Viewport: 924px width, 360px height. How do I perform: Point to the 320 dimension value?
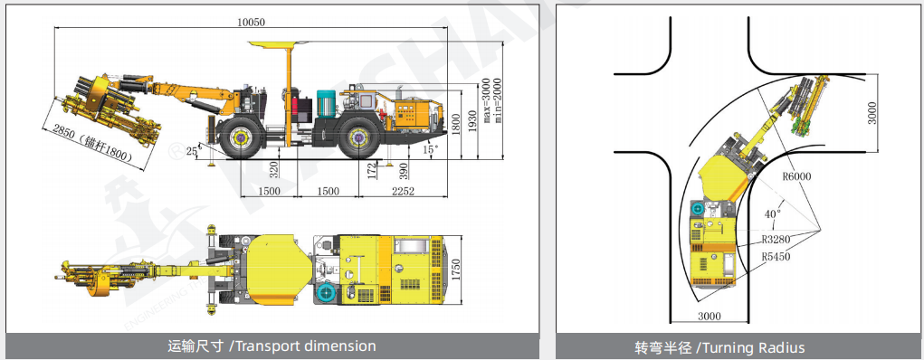click(272, 169)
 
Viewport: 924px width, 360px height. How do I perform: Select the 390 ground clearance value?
click(403, 169)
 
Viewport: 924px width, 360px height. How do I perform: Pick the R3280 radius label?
click(777, 240)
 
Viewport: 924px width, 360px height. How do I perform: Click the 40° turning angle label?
click(772, 214)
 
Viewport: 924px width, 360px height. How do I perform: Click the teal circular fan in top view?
click(326, 295)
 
